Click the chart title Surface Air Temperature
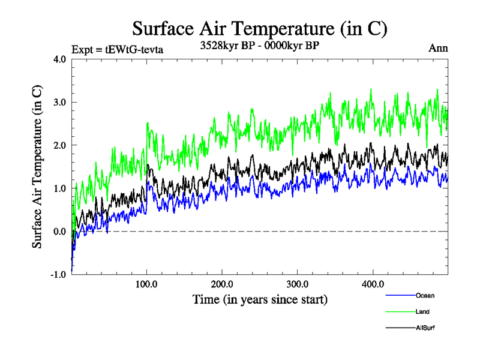coord(260,29)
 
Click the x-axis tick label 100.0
coord(147,284)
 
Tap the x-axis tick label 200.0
coord(222,284)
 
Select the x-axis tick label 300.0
coord(298,284)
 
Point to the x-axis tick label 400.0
coord(373,284)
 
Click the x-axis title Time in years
coord(260,299)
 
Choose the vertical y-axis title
coord(38,166)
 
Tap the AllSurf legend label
coord(425,328)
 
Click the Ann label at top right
coord(438,48)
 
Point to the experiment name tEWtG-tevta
coord(134,49)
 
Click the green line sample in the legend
coord(400,311)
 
